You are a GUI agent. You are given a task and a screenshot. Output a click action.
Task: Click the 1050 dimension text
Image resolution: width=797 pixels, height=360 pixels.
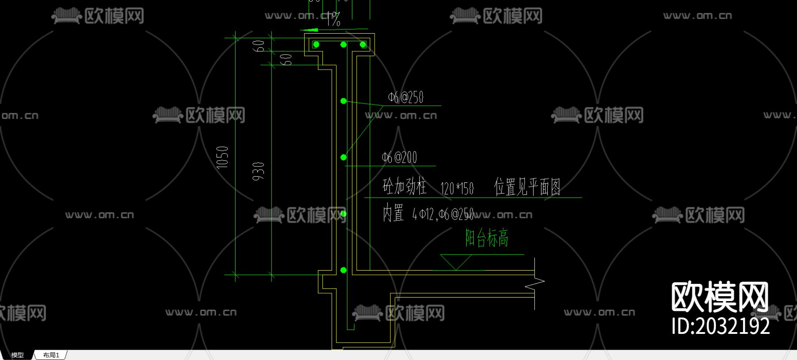(222, 157)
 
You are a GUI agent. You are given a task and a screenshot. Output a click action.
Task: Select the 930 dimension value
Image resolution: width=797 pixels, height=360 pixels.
(259, 171)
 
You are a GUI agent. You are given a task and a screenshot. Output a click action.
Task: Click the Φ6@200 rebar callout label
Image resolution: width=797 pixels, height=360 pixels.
(399, 157)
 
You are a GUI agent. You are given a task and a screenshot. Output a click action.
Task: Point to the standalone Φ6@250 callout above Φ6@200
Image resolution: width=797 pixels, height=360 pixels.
(406, 97)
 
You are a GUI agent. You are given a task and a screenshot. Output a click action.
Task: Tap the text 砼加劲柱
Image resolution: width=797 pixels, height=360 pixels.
(404, 186)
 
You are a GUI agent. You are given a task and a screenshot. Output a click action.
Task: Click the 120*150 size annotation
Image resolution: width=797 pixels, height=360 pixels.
(457, 189)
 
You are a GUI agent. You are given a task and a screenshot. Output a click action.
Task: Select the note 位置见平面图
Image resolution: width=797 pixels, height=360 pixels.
(527, 187)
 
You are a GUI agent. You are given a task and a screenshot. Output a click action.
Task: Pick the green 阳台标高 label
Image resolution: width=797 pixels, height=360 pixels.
(487, 238)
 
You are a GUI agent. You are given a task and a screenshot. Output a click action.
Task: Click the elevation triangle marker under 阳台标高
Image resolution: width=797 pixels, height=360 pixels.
(456, 262)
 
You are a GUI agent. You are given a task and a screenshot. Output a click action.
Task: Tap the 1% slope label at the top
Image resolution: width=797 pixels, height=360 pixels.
(333, 19)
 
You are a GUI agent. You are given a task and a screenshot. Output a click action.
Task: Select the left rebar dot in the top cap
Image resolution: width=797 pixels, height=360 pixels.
(316, 45)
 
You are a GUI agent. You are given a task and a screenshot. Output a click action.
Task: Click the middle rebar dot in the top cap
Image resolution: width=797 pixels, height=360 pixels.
(344, 45)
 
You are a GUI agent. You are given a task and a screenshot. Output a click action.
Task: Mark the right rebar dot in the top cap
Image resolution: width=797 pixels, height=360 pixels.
(363, 45)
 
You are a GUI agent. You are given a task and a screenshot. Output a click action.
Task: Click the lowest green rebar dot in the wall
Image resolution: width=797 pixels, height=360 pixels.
(344, 270)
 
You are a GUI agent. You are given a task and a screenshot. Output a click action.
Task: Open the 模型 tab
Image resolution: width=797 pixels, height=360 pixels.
(17, 355)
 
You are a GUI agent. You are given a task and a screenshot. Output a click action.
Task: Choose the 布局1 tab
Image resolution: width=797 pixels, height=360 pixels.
(51, 355)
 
